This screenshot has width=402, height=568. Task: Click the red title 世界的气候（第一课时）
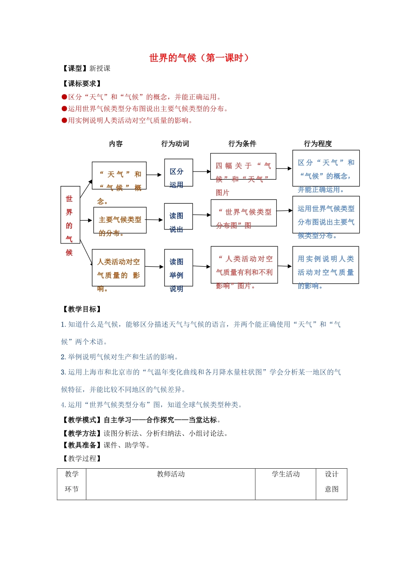(199, 58)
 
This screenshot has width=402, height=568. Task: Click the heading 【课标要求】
(82, 84)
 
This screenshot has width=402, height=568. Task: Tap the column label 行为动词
(175, 144)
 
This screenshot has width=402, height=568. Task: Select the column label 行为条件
(242, 144)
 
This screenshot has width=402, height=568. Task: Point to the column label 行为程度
(318, 144)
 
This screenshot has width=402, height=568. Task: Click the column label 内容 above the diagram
(116, 144)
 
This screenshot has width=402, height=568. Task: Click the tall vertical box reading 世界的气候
(70, 215)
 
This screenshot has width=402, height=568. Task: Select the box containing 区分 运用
(178, 172)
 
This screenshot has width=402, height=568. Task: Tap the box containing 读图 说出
(178, 216)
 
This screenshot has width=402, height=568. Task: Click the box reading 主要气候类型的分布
(120, 220)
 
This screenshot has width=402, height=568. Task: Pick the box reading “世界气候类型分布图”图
(244, 213)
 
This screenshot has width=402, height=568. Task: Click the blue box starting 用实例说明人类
(325, 265)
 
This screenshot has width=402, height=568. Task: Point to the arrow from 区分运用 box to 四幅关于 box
(202, 172)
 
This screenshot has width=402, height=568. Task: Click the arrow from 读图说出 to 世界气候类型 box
(202, 215)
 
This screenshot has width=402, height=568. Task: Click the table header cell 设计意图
(331, 482)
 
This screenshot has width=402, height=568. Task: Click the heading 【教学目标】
(82, 309)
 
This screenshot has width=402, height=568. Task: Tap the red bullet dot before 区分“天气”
(64, 97)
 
